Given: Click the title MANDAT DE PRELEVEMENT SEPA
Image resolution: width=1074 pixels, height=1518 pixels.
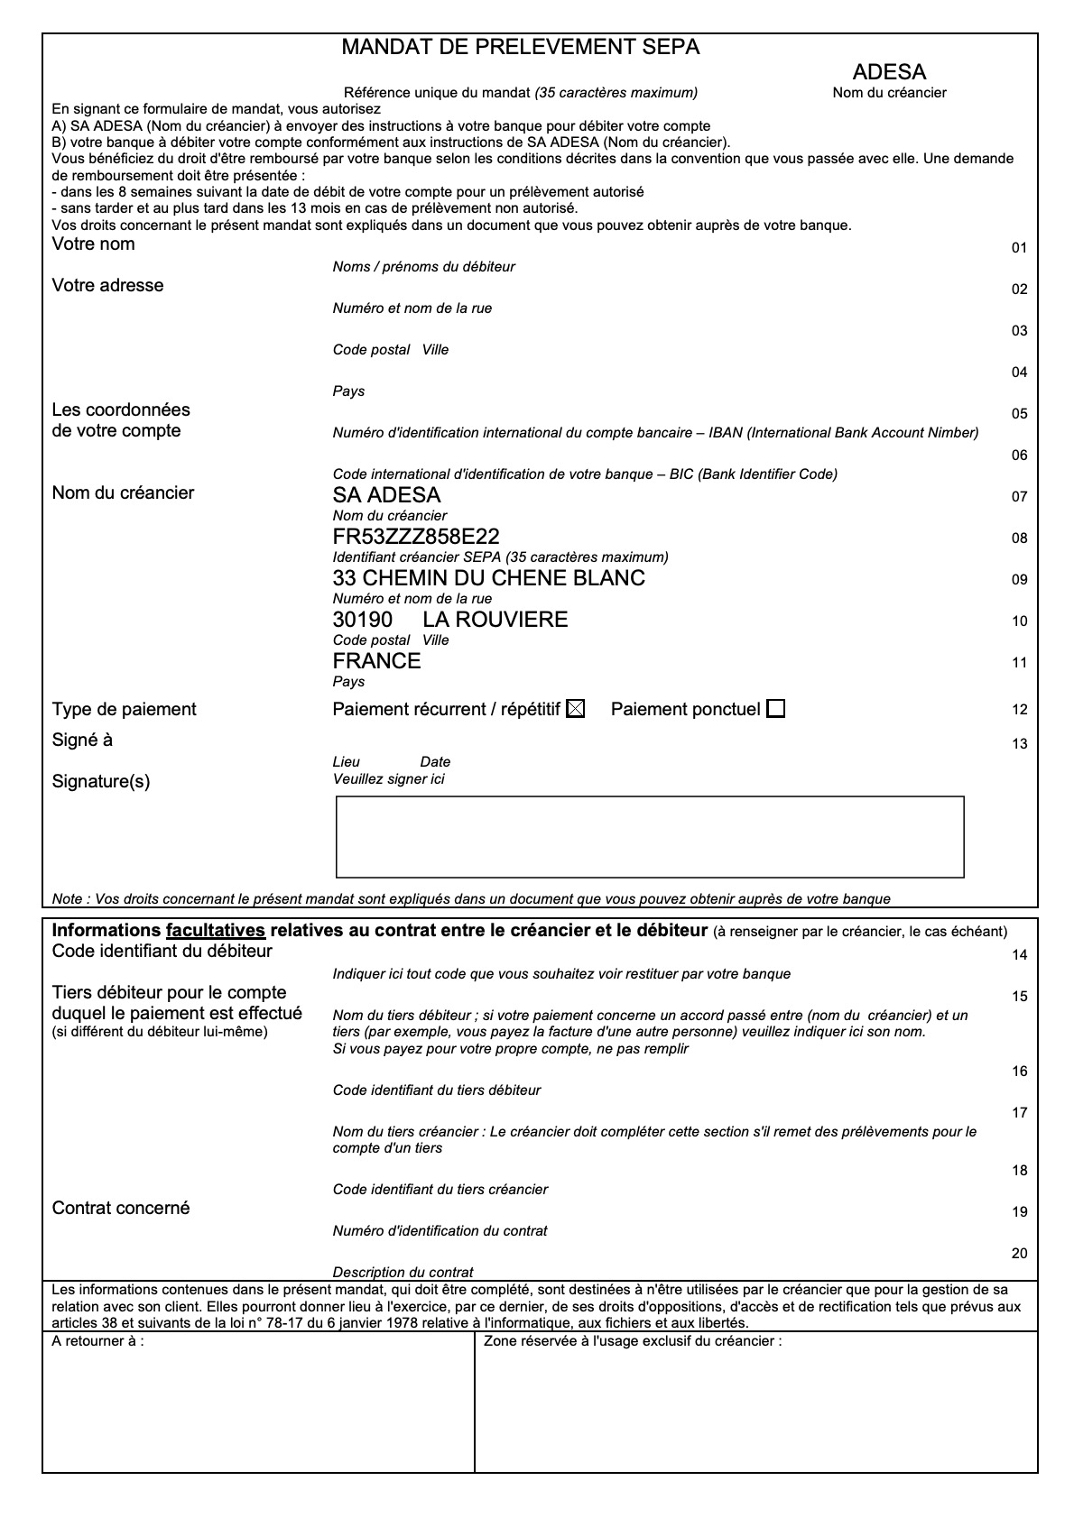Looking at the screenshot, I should (x=520, y=48).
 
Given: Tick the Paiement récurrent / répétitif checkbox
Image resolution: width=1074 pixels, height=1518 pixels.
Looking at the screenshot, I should (x=575, y=709).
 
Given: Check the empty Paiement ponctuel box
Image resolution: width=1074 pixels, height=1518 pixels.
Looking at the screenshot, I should (x=775, y=709).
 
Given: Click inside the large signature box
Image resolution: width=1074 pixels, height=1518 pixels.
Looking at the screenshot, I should (x=650, y=836).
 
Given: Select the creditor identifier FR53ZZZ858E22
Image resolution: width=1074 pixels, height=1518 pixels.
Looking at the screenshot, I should (x=416, y=537).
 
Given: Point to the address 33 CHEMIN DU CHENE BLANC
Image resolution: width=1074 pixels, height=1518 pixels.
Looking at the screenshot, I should (x=488, y=578).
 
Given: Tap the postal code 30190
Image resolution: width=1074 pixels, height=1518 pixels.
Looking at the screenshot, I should (x=363, y=620).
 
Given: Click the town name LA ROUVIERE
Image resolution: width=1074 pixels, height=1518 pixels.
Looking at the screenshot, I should (x=495, y=620).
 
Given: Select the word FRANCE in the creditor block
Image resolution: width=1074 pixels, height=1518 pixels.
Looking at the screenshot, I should (x=376, y=661).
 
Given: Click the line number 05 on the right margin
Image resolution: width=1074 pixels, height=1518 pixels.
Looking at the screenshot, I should (x=1019, y=414).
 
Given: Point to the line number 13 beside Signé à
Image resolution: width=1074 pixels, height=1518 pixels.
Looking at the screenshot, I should (x=1019, y=744).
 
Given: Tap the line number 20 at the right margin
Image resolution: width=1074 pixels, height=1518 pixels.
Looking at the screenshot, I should (x=1019, y=1254).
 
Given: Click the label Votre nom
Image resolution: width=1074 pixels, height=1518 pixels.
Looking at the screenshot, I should (x=93, y=244).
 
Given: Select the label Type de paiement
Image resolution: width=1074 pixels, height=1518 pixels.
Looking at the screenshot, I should (x=124, y=710).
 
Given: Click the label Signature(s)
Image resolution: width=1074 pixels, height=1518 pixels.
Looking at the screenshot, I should (x=101, y=782).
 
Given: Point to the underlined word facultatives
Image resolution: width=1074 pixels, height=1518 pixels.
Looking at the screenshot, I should (x=215, y=931).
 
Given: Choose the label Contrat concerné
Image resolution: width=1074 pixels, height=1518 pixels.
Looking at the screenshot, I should (x=121, y=1209).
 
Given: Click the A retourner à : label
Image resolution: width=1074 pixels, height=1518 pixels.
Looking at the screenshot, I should (x=97, y=1341).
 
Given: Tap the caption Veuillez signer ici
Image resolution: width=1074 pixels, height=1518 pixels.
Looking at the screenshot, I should (x=388, y=779).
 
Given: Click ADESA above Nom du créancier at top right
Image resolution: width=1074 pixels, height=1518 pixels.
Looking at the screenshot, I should (x=889, y=72).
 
